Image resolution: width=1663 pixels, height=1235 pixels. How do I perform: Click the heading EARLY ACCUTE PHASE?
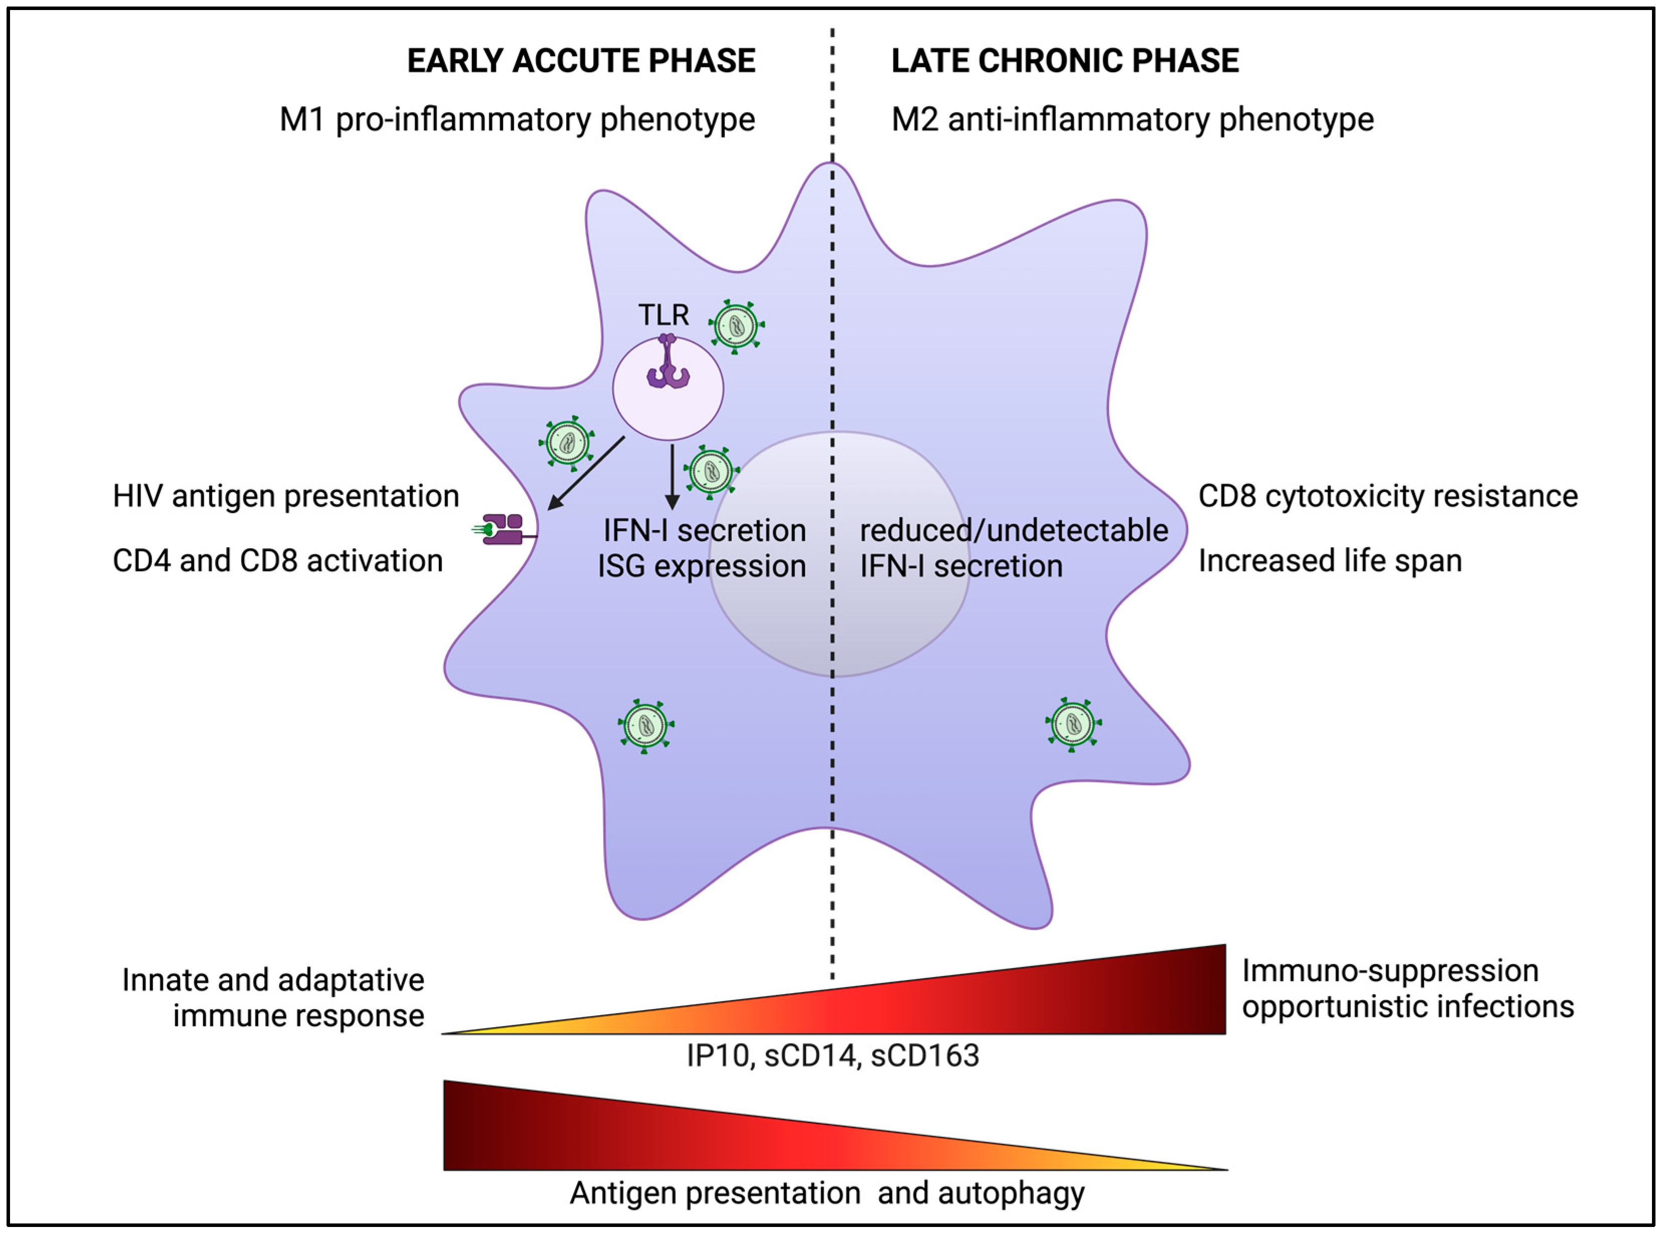581,61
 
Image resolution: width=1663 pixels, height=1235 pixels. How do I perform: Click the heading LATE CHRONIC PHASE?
1065,61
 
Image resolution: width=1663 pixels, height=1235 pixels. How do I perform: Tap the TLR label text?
663,315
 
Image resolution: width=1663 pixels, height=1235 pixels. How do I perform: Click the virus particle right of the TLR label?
737,327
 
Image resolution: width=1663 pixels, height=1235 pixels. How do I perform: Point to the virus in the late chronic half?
1073,724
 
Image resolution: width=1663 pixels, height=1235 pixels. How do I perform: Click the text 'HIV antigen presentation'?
285,497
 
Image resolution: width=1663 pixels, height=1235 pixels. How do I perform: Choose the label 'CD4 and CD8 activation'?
277,561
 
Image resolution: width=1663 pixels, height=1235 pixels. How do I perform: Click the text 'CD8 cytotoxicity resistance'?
1388,497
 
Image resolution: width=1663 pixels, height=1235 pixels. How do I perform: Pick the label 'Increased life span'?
1329,561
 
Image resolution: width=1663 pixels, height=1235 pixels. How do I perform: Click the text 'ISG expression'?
702,567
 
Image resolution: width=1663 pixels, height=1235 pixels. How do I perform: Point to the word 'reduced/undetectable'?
1014,530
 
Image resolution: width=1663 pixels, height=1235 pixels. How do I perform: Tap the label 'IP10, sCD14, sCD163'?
833,1055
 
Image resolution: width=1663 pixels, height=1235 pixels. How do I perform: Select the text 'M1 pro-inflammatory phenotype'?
517,119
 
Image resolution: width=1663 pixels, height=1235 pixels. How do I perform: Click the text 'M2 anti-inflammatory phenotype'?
1132,119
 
